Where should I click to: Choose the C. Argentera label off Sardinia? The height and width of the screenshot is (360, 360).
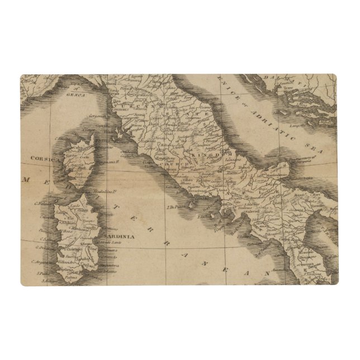pyautogui.click(x=41, y=262)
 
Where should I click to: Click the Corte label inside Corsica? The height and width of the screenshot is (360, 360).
pyautogui.click(x=84, y=158)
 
